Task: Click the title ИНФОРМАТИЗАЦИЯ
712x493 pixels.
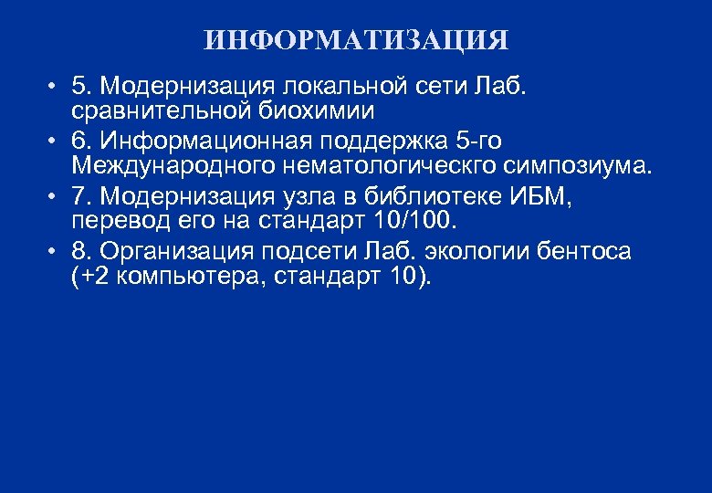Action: pyautogui.click(x=356, y=41)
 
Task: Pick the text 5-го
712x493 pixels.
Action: pyautogui.click(x=478, y=141)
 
